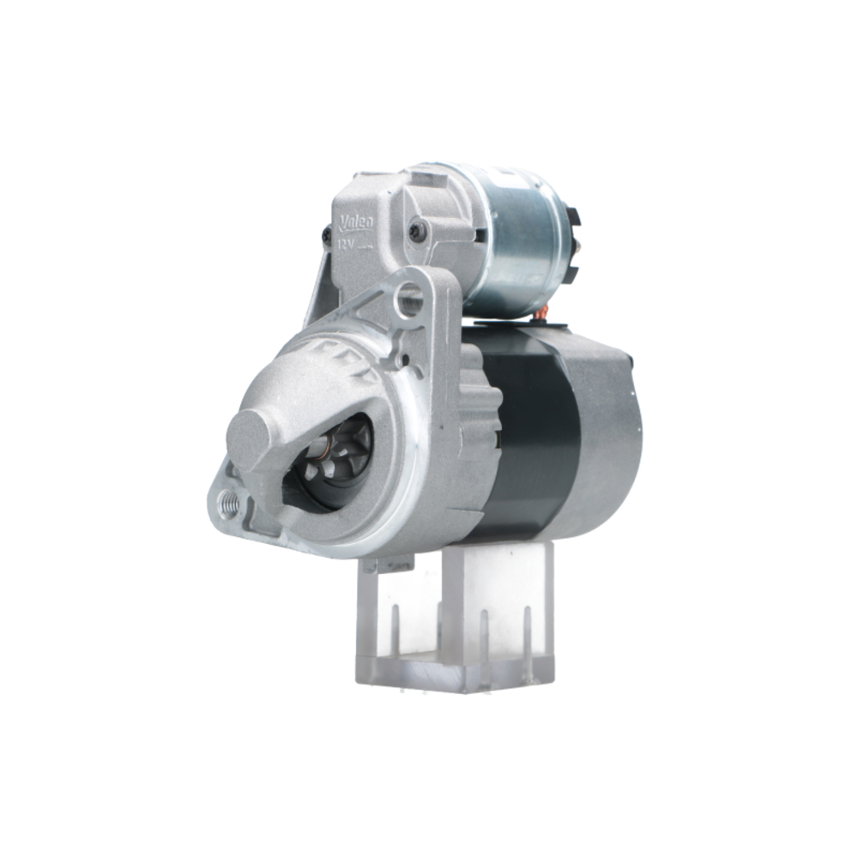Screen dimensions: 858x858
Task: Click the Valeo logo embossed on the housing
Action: click(x=355, y=223)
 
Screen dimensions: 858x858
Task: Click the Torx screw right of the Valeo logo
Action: click(x=417, y=230)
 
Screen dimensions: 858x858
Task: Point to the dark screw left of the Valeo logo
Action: click(x=327, y=233)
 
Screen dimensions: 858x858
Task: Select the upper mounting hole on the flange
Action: click(x=411, y=299)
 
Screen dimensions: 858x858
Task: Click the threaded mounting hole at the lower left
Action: click(x=229, y=504)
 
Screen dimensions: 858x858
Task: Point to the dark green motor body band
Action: click(x=532, y=429)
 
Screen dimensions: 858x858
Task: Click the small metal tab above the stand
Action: click(x=387, y=564)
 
